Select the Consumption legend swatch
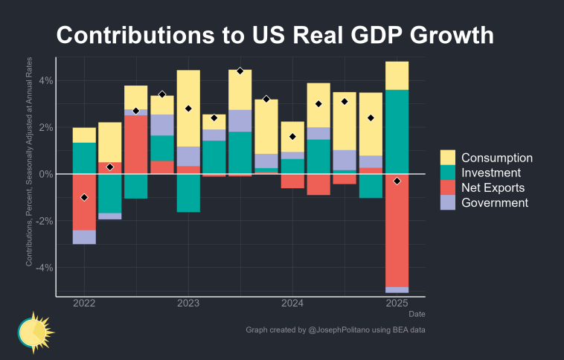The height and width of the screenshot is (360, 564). (x=448, y=158)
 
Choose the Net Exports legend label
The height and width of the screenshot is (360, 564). (x=493, y=187)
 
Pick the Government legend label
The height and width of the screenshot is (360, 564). (x=495, y=202)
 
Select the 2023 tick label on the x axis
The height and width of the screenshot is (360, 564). (x=188, y=303)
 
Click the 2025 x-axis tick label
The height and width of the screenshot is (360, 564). (x=397, y=303)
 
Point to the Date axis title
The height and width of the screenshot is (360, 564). (x=417, y=315)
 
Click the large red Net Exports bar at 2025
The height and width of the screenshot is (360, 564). (x=397, y=231)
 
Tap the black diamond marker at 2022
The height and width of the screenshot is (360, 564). (x=84, y=197)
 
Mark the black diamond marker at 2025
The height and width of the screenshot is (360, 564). (x=397, y=181)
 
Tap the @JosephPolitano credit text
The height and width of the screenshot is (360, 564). (x=341, y=329)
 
